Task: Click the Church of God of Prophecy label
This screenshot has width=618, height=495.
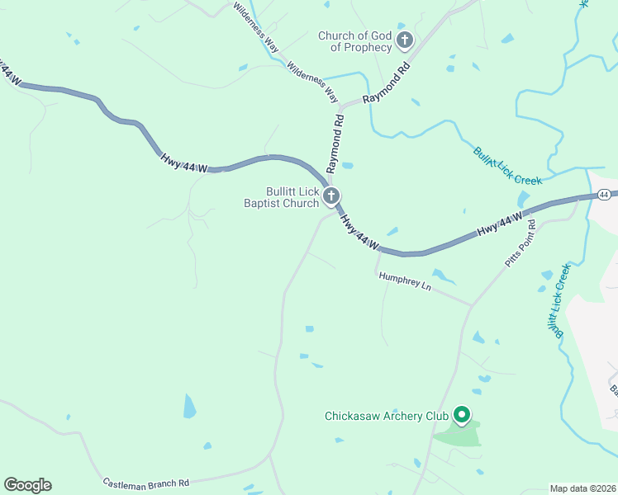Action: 355,41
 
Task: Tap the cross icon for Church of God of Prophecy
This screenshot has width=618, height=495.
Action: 405,40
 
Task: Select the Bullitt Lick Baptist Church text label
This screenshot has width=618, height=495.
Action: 281,196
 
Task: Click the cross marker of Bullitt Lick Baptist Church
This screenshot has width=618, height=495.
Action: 331,196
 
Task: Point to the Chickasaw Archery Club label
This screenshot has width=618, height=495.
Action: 386,416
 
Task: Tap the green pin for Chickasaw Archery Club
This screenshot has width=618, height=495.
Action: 462,415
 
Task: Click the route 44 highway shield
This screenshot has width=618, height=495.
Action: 605,195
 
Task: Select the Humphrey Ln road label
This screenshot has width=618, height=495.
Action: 405,282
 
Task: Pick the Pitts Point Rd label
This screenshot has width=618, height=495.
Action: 521,243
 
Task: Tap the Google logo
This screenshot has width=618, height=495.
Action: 27,485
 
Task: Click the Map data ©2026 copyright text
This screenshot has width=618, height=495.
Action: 582,488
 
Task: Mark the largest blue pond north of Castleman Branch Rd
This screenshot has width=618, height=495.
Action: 189,406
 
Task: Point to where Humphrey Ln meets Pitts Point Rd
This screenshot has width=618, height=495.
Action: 472,305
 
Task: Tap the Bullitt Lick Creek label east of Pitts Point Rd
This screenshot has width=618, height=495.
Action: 558,301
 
